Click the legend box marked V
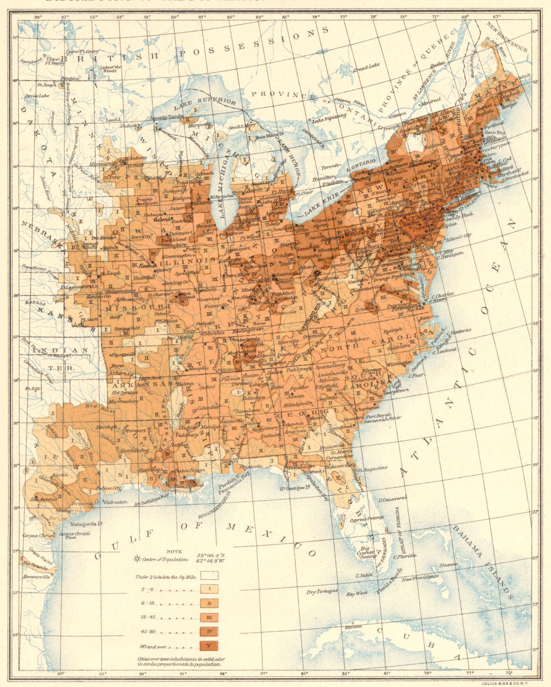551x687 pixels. pyautogui.click(x=209, y=645)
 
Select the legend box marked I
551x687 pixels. pyautogui.click(x=209, y=588)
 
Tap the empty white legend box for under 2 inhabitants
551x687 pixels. pyautogui.click(x=209, y=575)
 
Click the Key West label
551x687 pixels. pyautogui.click(x=358, y=593)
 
